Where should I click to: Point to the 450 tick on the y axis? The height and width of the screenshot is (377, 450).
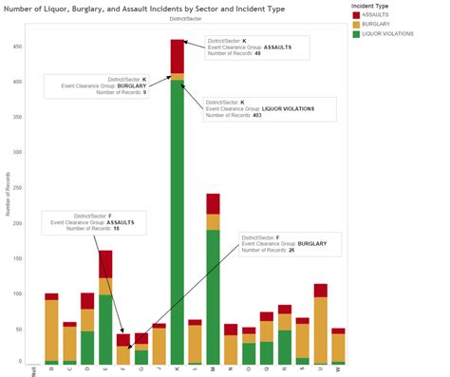(17, 47)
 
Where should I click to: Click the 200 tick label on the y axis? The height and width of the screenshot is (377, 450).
(17, 223)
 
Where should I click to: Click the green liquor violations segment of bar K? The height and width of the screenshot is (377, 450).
(178, 228)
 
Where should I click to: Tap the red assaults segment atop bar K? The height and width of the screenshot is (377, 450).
(178, 56)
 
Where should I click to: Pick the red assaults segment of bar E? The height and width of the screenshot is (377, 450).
(105, 263)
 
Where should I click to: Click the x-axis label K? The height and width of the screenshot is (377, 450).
(178, 370)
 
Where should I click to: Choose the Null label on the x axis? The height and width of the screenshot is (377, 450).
(33, 371)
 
